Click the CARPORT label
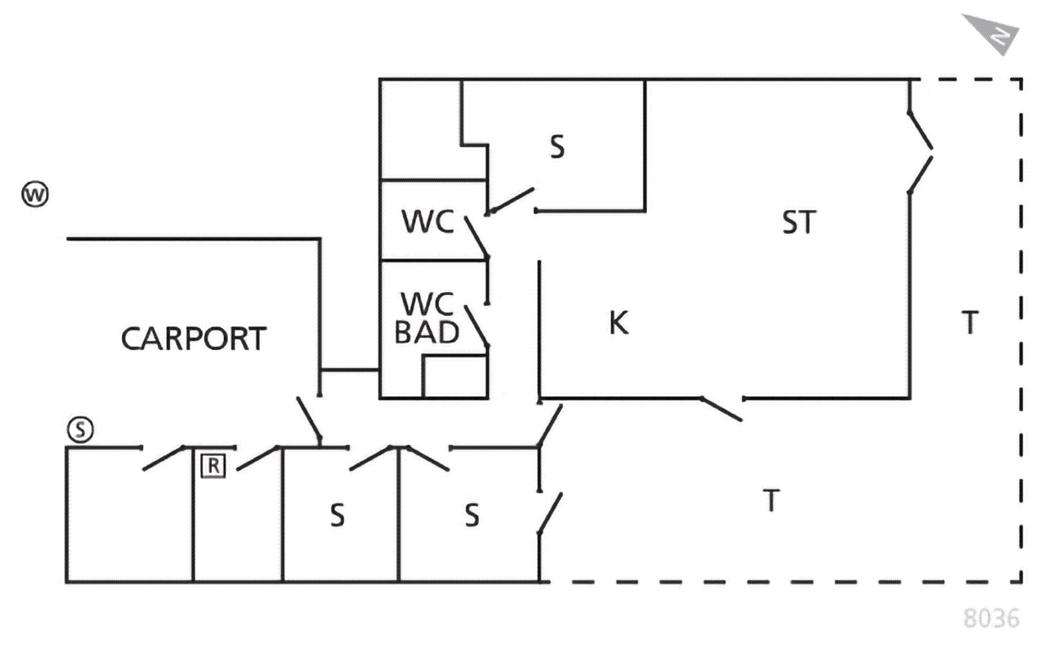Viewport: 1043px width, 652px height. [x=193, y=338]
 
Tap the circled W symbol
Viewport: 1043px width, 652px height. [x=35, y=194]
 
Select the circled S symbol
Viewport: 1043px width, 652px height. [x=80, y=430]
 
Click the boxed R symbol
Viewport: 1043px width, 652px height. [x=213, y=466]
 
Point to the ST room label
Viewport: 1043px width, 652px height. [x=799, y=222]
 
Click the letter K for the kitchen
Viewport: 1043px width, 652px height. [x=619, y=323]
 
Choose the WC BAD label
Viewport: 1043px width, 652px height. [x=427, y=318]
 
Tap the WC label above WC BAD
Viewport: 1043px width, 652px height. [x=428, y=221]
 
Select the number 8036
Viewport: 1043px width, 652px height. [x=991, y=618]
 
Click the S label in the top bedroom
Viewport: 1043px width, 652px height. [x=557, y=147]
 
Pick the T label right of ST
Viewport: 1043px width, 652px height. [x=970, y=322]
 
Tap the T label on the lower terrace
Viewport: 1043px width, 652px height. [x=771, y=500]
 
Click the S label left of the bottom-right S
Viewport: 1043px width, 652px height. [x=337, y=515]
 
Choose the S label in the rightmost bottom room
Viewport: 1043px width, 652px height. [x=472, y=515]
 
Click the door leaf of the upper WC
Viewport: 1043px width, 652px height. [x=476, y=237]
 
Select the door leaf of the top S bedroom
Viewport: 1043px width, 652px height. [x=511, y=200]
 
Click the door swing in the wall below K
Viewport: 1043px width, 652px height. [x=721, y=409]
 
